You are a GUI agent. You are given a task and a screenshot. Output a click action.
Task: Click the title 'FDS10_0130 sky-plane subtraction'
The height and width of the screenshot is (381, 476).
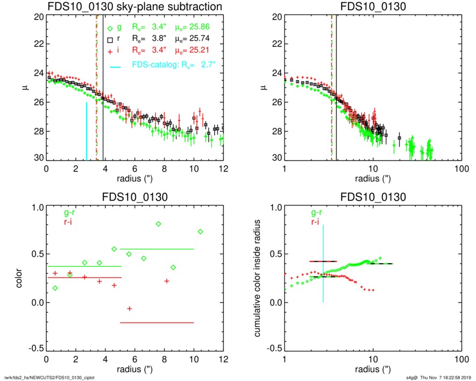(x=135, y=6)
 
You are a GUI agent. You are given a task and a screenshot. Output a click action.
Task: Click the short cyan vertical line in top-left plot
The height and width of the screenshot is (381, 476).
(x=86, y=131)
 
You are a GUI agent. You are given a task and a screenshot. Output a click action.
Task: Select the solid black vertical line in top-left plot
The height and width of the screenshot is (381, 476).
(x=103, y=108)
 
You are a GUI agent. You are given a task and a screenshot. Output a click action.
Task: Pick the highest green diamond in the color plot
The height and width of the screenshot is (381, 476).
(x=159, y=224)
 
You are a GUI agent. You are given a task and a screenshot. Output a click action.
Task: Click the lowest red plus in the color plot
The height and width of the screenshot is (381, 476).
(x=130, y=308)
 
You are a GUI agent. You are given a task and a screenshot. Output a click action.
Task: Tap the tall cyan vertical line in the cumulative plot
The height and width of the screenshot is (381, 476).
(x=323, y=264)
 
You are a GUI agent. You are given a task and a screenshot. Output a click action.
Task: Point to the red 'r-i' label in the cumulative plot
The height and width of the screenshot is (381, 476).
(x=311, y=222)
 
